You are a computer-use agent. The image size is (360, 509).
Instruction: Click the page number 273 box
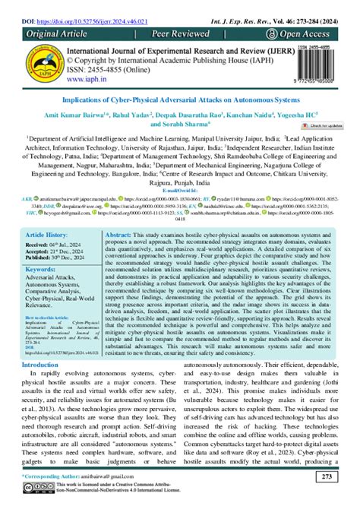326,476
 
